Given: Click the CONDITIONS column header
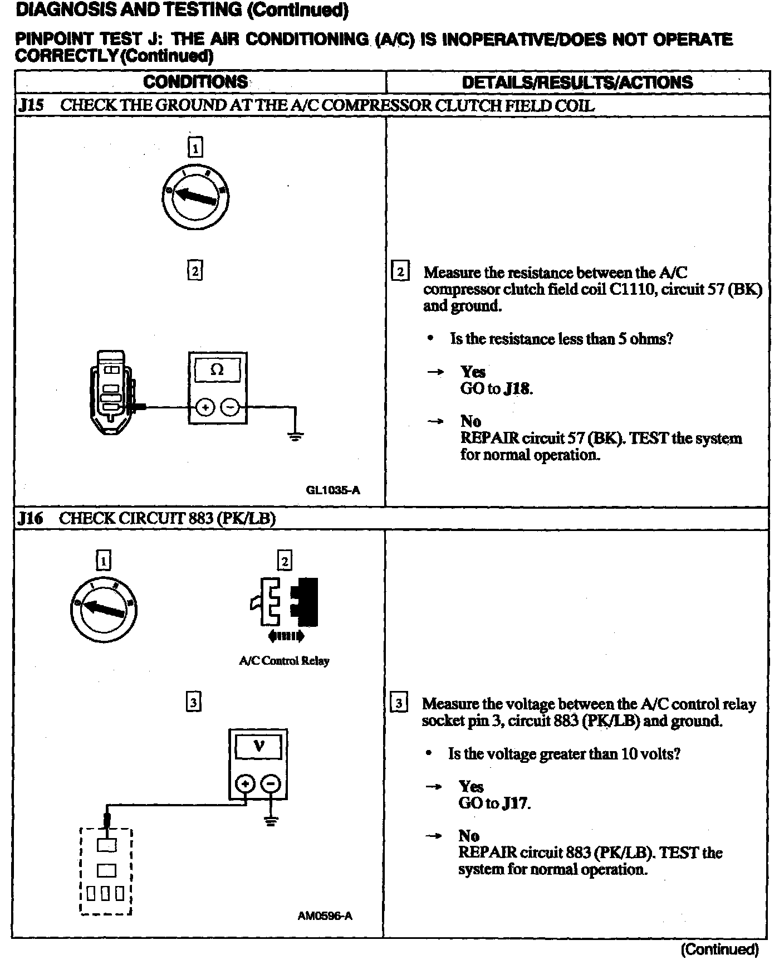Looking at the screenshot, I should coord(195,82).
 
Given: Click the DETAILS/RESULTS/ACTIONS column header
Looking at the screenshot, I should coord(577,82).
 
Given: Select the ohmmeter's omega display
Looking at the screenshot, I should coord(217,369).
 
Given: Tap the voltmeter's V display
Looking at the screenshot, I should coord(258,746).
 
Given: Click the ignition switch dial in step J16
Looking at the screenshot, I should coord(104,608).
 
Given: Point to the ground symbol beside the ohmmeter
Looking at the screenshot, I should coord(296,436).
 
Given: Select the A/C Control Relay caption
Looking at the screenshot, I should coord(284,661).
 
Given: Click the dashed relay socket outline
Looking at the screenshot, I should coord(106,871).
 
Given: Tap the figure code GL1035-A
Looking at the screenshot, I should coord(333,490).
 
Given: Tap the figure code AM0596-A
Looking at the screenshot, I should coord(325,916).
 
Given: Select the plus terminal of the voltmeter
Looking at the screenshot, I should coord(245,784).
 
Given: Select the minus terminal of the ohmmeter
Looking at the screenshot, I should coord(229,407).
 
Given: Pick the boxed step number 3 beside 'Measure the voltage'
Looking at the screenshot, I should coord(399,703).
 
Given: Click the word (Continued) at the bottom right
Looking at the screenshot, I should coord(719,949).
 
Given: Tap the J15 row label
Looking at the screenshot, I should coord(31,105).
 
